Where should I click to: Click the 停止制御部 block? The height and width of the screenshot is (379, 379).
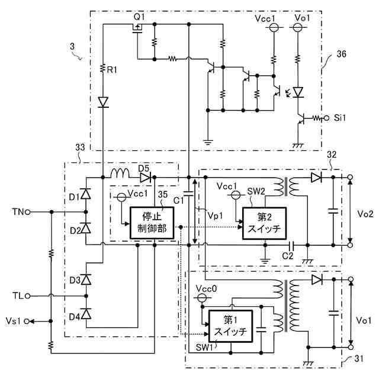point(152,223)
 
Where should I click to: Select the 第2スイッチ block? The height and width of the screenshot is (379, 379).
point(265,223)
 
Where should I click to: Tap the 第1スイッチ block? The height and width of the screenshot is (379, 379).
point(230,326)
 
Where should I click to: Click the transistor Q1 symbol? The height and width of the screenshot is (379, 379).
point(137,28)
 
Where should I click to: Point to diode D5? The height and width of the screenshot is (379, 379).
point(145,178)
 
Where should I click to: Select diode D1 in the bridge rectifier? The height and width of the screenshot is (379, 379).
point(86,194)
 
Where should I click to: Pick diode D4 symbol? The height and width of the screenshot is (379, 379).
point(86,314)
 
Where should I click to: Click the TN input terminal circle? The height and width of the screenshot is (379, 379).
point(28,212)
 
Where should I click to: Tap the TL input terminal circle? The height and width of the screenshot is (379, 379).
point(27,296)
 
